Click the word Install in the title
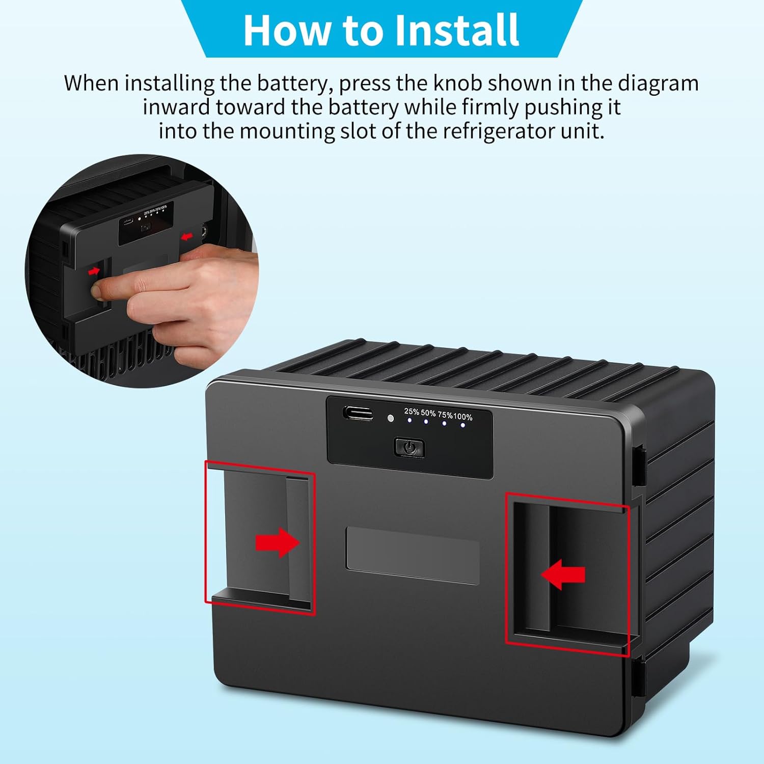[457, 30]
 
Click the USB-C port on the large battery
[358, 413]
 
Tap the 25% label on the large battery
[411, 411]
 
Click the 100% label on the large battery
[462, 417]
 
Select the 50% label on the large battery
[428, 413]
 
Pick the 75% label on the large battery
[445, 415]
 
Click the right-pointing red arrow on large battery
[277, 542]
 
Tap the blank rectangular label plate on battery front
[413, 555]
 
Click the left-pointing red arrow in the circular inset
[187, 236]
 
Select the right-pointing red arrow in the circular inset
[94, 271]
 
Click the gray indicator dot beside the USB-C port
[391, 418]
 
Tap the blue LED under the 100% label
[462, 425]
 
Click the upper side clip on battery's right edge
[640, 465]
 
